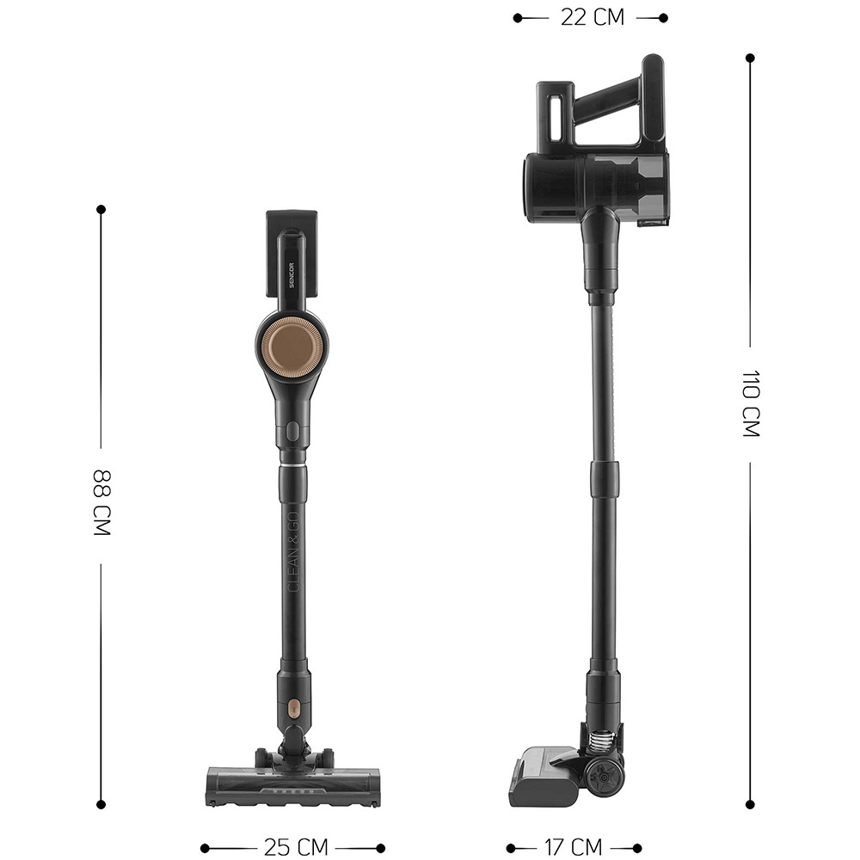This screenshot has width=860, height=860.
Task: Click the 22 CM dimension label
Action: coord(593,17)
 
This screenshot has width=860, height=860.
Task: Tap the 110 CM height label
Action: coord(750,403)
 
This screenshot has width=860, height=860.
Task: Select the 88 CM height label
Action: coord(102,502)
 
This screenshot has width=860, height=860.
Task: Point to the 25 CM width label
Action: coord(296,847)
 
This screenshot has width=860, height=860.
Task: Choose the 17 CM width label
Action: coord(573,847)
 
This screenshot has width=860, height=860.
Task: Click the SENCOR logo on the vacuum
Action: coord(292,275)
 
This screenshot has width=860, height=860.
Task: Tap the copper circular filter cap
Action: coord(292,347)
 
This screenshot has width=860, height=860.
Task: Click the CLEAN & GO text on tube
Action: coord(293,552)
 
